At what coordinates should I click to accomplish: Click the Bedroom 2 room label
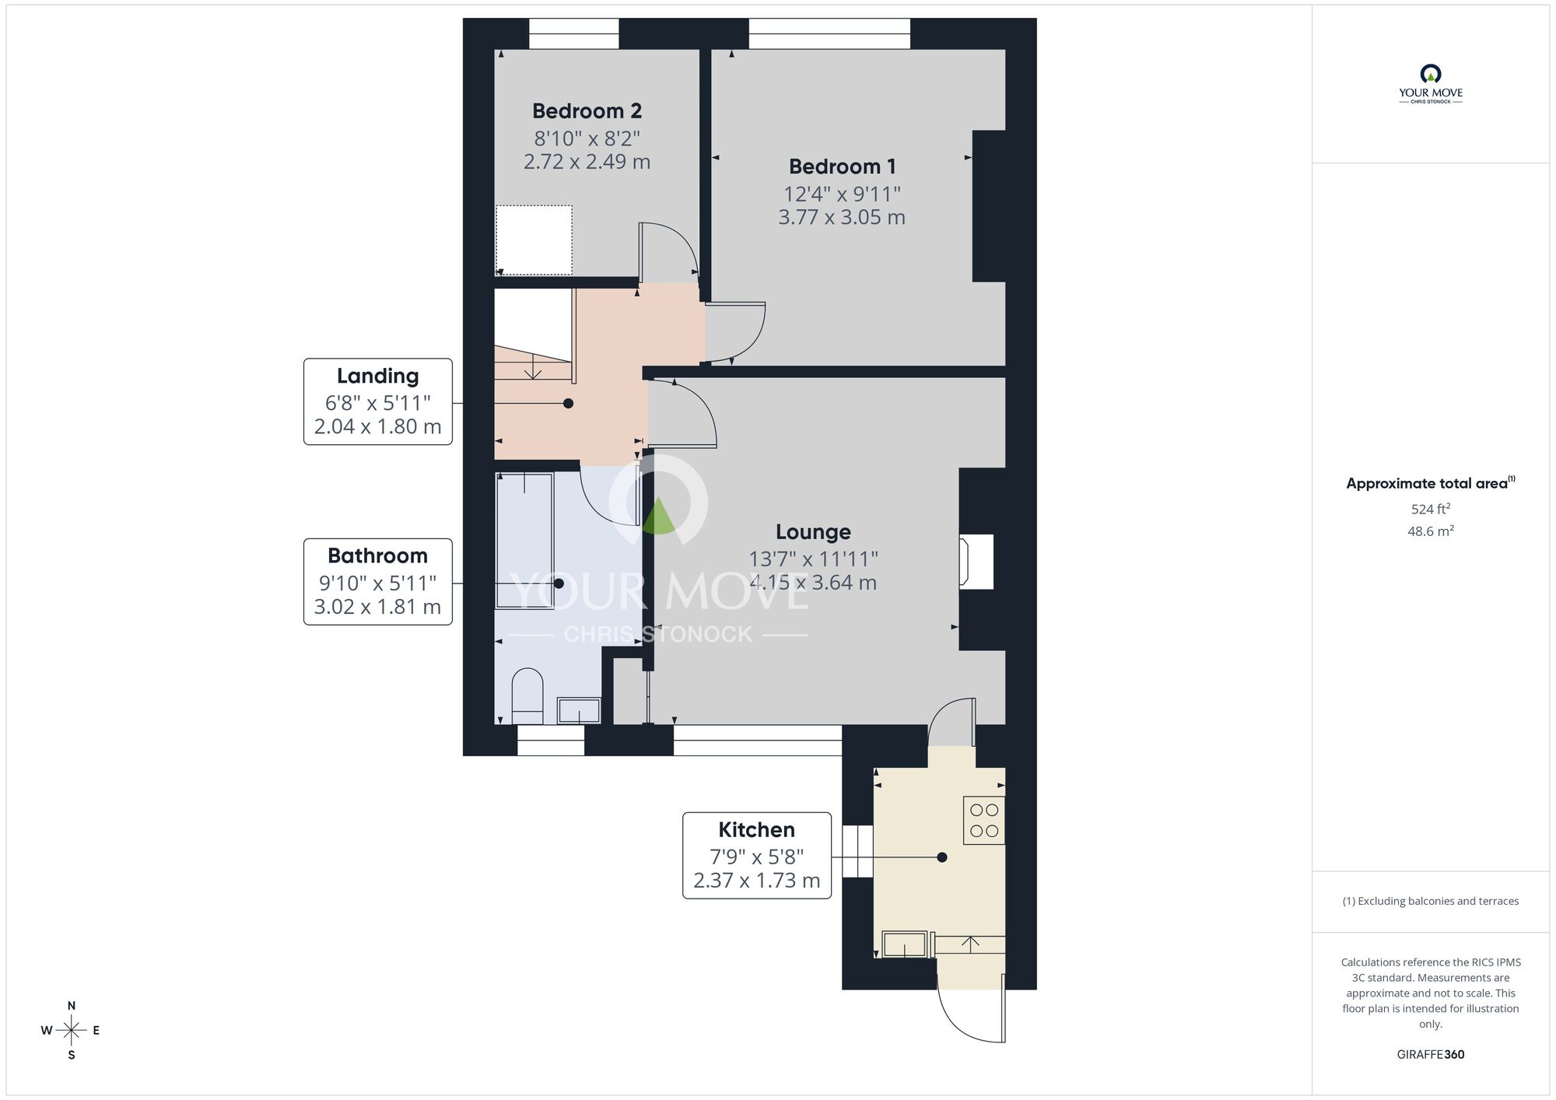point(587,111)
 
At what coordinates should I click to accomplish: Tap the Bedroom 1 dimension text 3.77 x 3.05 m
point(842,217)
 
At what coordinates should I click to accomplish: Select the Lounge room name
point(813,532)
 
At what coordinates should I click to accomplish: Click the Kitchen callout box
point(756,856)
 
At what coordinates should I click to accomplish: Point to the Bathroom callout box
point(377,582)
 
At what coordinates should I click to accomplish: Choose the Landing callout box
point(377,401)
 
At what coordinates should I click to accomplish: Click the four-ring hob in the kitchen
point(984,821)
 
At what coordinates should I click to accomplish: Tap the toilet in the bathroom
point(527,695)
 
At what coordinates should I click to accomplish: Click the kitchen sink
point(905,944)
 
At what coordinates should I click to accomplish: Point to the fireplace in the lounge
point(977,561)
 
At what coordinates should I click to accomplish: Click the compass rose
point(71,1031)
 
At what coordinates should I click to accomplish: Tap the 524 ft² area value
point(1430,510)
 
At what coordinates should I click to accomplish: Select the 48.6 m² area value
point(1430,531)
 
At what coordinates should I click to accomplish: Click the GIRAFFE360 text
point(1430,1055)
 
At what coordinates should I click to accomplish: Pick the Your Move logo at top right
point(1430,84)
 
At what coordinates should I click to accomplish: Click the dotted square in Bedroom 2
point(534,240)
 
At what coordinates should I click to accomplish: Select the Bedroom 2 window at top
point(573,33)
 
